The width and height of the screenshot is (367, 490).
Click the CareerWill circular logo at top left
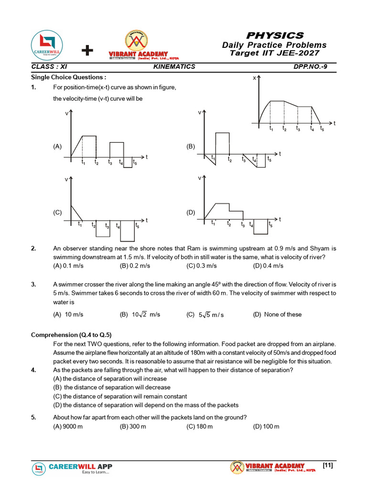click(x=46, y=45)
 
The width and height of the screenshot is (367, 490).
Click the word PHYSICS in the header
click(x=274, y=35)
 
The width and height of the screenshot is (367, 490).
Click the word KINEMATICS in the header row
click(x=174, y=67)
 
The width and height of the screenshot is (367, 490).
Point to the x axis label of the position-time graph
click(x=255, y=78)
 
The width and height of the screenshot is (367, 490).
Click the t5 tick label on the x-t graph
click(x=322, y=129)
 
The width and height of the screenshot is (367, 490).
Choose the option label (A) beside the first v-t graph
click(x=57, y=147)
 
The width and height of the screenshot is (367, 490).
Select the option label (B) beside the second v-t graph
click(x=191, y=146)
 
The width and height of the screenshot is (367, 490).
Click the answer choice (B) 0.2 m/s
click(x=135, y=266)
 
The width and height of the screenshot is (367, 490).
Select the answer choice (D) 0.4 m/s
click(x=268, y=266)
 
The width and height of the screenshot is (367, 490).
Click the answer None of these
click(x=277, y=314)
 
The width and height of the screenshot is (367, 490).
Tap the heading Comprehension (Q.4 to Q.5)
click(x=75, y=335)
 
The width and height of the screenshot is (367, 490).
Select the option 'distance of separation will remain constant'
click(x=120, y=396)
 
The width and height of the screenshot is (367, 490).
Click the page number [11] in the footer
click(x=328, y=465)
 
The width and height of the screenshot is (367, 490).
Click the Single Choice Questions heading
click(x=68, y=77)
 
